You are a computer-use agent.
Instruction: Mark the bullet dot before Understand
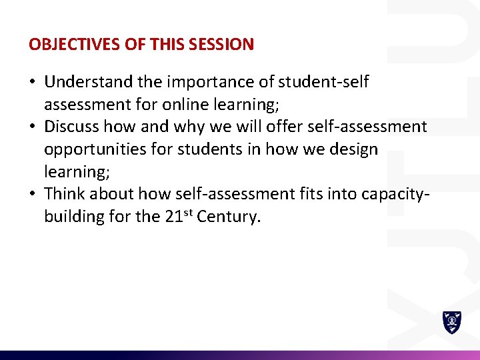[x=33, y=83]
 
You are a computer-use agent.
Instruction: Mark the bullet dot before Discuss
[x=33, y=127]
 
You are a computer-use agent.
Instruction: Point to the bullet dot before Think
[x=33, y=195]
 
